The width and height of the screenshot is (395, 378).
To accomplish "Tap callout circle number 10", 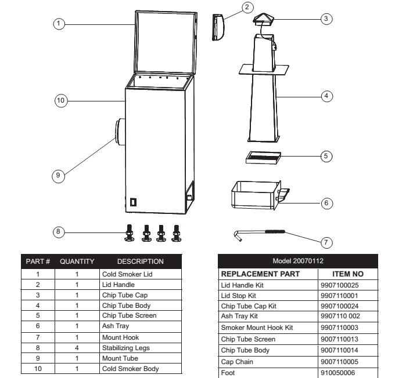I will pos(61,101).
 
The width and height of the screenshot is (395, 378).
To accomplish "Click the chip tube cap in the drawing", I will pos(266,21).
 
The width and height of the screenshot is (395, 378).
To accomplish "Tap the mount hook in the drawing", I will pos(261,233).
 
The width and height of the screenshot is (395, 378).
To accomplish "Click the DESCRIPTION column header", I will pos(140,261).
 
